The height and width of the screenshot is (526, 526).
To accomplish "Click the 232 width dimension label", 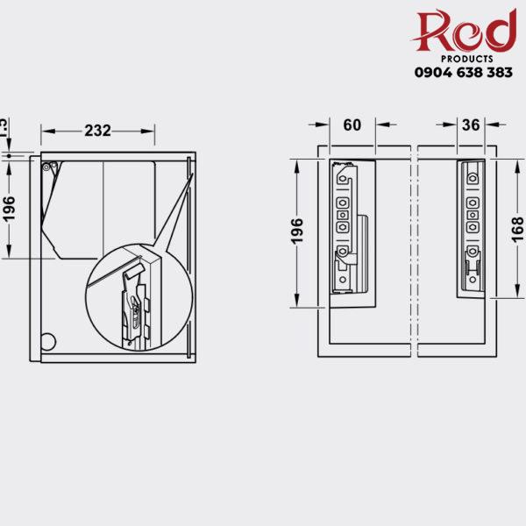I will tap(97, 131).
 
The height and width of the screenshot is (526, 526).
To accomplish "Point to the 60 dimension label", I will tap(352, 125).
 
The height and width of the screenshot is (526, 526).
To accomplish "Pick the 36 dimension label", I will tap(470, 125).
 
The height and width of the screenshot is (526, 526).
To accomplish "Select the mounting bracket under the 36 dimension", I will tap(472, 226).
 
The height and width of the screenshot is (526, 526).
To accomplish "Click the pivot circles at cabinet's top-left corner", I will tap(49, 163).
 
